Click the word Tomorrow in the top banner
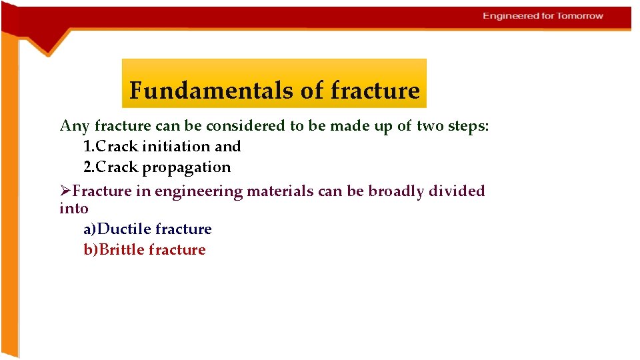pyautogui.click(x=580, y=16)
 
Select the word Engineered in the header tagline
pyautogui.click(x=510, y=16)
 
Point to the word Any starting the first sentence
pyautogui.click(x=75, y=125)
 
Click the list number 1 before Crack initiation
pyautogui.click(x=88, y=146)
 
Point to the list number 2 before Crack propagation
pyautogui.click(x=88, y=167)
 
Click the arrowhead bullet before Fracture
pyautogui.click(x=65, y=191)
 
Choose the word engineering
pyautogui.click(x=199, y=191)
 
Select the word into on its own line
pyautogui.click(x=73, y=209)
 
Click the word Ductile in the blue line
pyautogui.click(x=124, y=229)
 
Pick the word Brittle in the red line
pyautogui.click(x=122, y=250)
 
